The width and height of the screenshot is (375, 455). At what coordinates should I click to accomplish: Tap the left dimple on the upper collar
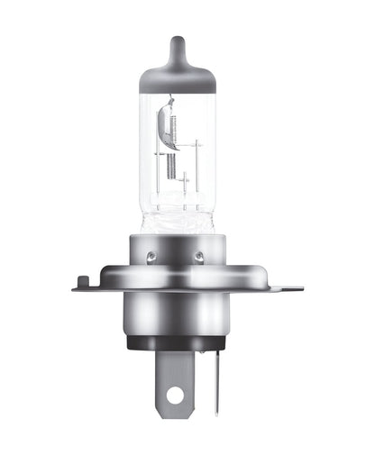click(151, 257)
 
